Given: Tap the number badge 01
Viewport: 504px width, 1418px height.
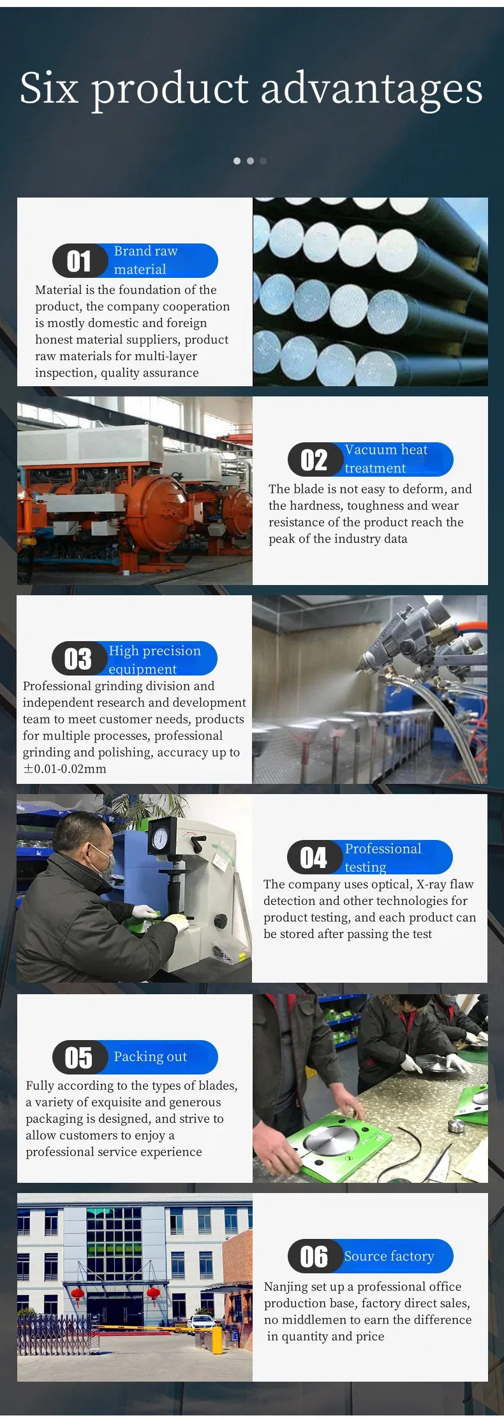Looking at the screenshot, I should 79,261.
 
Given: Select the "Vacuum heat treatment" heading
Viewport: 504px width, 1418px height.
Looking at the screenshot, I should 385,459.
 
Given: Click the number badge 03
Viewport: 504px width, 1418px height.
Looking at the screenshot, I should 78,659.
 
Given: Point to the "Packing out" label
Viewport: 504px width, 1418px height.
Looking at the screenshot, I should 150,1057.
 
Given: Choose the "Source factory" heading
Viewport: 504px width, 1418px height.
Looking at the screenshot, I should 389,1256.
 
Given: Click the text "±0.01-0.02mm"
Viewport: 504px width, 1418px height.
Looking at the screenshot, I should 64,769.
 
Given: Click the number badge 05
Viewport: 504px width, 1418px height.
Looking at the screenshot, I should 79,1058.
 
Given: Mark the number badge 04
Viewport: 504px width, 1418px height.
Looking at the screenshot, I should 313,858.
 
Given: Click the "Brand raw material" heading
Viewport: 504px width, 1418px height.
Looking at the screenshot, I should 145,260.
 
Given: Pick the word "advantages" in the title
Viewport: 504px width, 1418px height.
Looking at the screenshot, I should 372,88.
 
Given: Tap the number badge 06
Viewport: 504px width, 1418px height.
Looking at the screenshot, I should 314,1257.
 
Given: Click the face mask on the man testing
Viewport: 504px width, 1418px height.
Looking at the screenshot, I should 102,858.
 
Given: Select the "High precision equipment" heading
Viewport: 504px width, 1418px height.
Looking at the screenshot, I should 154,659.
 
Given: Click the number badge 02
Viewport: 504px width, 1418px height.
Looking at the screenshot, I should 314,460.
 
